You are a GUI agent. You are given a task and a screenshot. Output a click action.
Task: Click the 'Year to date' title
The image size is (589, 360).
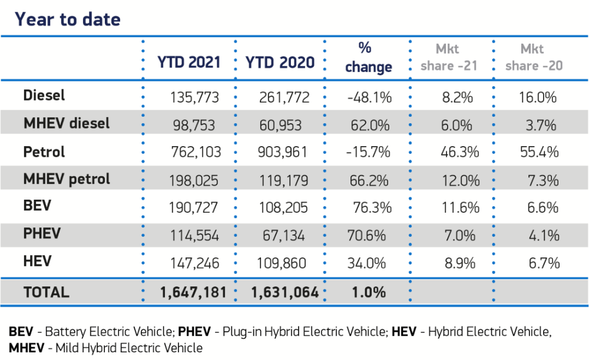[67, 19]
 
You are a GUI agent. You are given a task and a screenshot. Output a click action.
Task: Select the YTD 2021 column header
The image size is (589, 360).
[188, 62]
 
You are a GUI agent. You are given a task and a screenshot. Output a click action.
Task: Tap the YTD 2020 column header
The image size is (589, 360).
[280, 62]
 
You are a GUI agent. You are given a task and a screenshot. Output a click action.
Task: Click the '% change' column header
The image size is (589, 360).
[368, 57]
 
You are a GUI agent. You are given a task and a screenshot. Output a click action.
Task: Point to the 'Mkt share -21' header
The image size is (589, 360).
[448, 57]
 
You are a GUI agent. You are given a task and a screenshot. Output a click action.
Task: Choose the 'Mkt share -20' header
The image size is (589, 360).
[534, 57]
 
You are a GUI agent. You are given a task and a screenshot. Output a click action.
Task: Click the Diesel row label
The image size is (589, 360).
[44, 95]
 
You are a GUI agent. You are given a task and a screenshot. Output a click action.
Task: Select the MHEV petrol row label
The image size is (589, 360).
[66, 179]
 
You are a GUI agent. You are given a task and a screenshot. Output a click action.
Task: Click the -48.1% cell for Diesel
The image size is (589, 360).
[368, 97]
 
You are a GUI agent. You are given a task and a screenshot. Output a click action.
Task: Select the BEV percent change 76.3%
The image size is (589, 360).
[369, 207]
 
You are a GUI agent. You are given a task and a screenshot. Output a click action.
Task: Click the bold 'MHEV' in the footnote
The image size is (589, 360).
[27, 348]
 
